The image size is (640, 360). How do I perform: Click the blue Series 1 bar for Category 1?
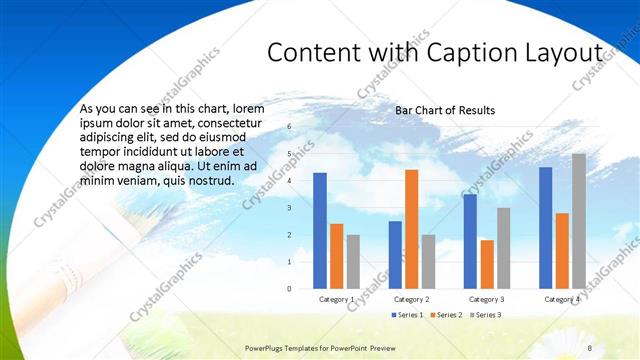pyautogui.click(x=320, y=231)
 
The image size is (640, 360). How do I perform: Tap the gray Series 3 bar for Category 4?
pyautogui.click(x=579, y=221)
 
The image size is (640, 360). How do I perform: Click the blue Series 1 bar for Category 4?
pyautogui.click(x=545, y=228)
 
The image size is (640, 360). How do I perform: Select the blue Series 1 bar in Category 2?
pyautogui.click(x=395, y=255)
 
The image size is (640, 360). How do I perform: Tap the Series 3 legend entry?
pyautogui.click(x=487, y=315)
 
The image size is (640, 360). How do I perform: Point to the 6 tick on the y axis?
pyautogui.click(x=288, y=127)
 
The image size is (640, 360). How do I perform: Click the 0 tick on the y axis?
pyautogui.click(x=288, y=289)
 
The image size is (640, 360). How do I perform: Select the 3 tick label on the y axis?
pyautogui.click(x=288, y=208)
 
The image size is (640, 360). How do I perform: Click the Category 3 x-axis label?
pyautogui.click(x=487, y=300)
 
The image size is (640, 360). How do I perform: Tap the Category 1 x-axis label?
pyautogui.click(x=337, y=300)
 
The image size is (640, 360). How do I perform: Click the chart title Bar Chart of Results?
pyautogui.click(x=445, y=109)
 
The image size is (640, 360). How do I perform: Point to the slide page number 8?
pyautogui.click(x=590, y=347)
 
